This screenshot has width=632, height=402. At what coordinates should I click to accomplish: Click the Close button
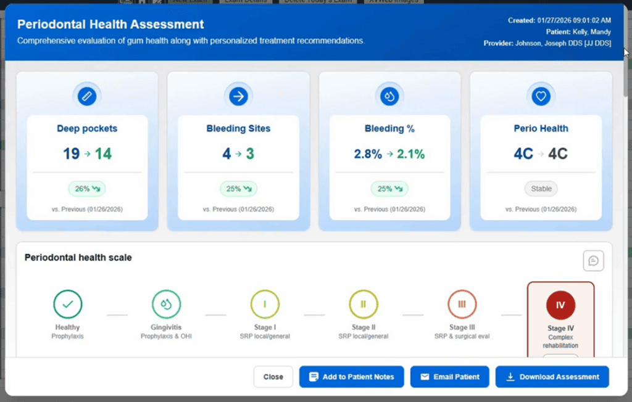(273, 377)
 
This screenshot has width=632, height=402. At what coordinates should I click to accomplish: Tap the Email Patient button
(449, 377)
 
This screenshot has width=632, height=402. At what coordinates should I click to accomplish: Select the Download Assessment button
(552, 377)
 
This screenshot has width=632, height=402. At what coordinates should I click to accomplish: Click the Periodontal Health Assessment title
(110, 25)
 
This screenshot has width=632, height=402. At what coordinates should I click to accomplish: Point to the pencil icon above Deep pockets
(87, 96)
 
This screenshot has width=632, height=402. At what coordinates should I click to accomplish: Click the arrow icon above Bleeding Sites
(238, 96)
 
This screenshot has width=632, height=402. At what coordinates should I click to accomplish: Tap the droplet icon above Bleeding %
(389, 96)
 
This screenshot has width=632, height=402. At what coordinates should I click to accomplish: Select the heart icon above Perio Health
(541, 96)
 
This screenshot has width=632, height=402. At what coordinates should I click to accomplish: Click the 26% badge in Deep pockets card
(87, 189)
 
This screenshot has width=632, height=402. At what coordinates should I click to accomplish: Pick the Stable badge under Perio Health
(541, 189)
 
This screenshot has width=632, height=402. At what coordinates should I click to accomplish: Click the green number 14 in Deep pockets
(103, 154)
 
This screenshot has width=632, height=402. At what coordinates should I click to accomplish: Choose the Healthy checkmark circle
(68, 304)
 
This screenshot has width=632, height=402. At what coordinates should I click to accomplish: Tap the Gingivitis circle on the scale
(167, 304)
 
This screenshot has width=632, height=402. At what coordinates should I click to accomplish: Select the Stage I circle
(265, 304)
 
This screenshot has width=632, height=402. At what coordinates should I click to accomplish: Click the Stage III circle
(462, 304)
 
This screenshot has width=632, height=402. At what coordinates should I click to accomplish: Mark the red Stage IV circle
(560, 305)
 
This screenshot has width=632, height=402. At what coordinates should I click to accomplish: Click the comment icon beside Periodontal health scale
(593, 261)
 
